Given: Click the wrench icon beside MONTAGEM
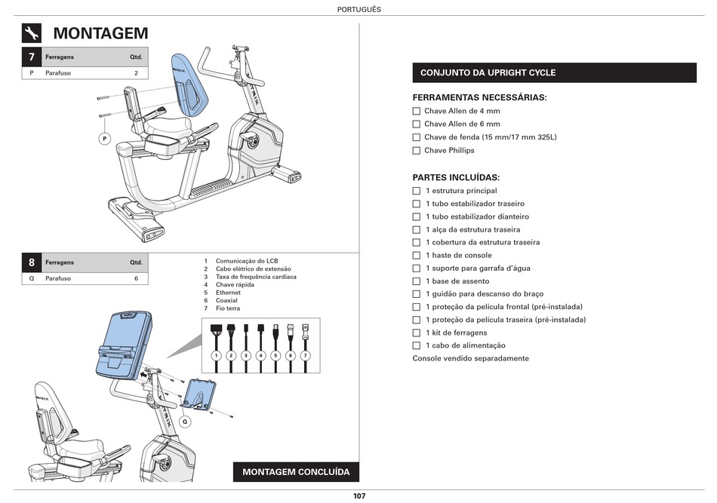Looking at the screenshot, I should click(32, 33).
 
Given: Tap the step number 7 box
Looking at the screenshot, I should click(32, 57).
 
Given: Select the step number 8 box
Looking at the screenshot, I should click(32, 262).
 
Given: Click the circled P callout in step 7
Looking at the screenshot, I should click(105, 138).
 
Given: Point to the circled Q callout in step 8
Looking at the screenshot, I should click(183, 422).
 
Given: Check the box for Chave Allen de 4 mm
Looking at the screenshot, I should click(417, 111).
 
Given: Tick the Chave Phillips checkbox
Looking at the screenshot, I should click(417, 151).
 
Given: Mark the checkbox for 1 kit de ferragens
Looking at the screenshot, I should click(417, 333).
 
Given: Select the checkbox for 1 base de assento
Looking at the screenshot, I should click(417, 281).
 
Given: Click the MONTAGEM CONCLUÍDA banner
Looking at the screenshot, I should click(296, 472).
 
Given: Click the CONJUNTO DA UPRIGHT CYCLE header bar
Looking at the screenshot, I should click(554, 72).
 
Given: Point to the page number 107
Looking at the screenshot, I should click(358, 496).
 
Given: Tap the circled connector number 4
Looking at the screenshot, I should click(260, 355).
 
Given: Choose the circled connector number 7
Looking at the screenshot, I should click(306, 355).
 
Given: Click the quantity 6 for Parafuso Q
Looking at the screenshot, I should click(137, 278).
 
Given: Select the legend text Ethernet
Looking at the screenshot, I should click(228, 293).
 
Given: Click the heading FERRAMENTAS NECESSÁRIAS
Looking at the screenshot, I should click(479, 97).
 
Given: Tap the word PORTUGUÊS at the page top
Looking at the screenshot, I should click(358, 9).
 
